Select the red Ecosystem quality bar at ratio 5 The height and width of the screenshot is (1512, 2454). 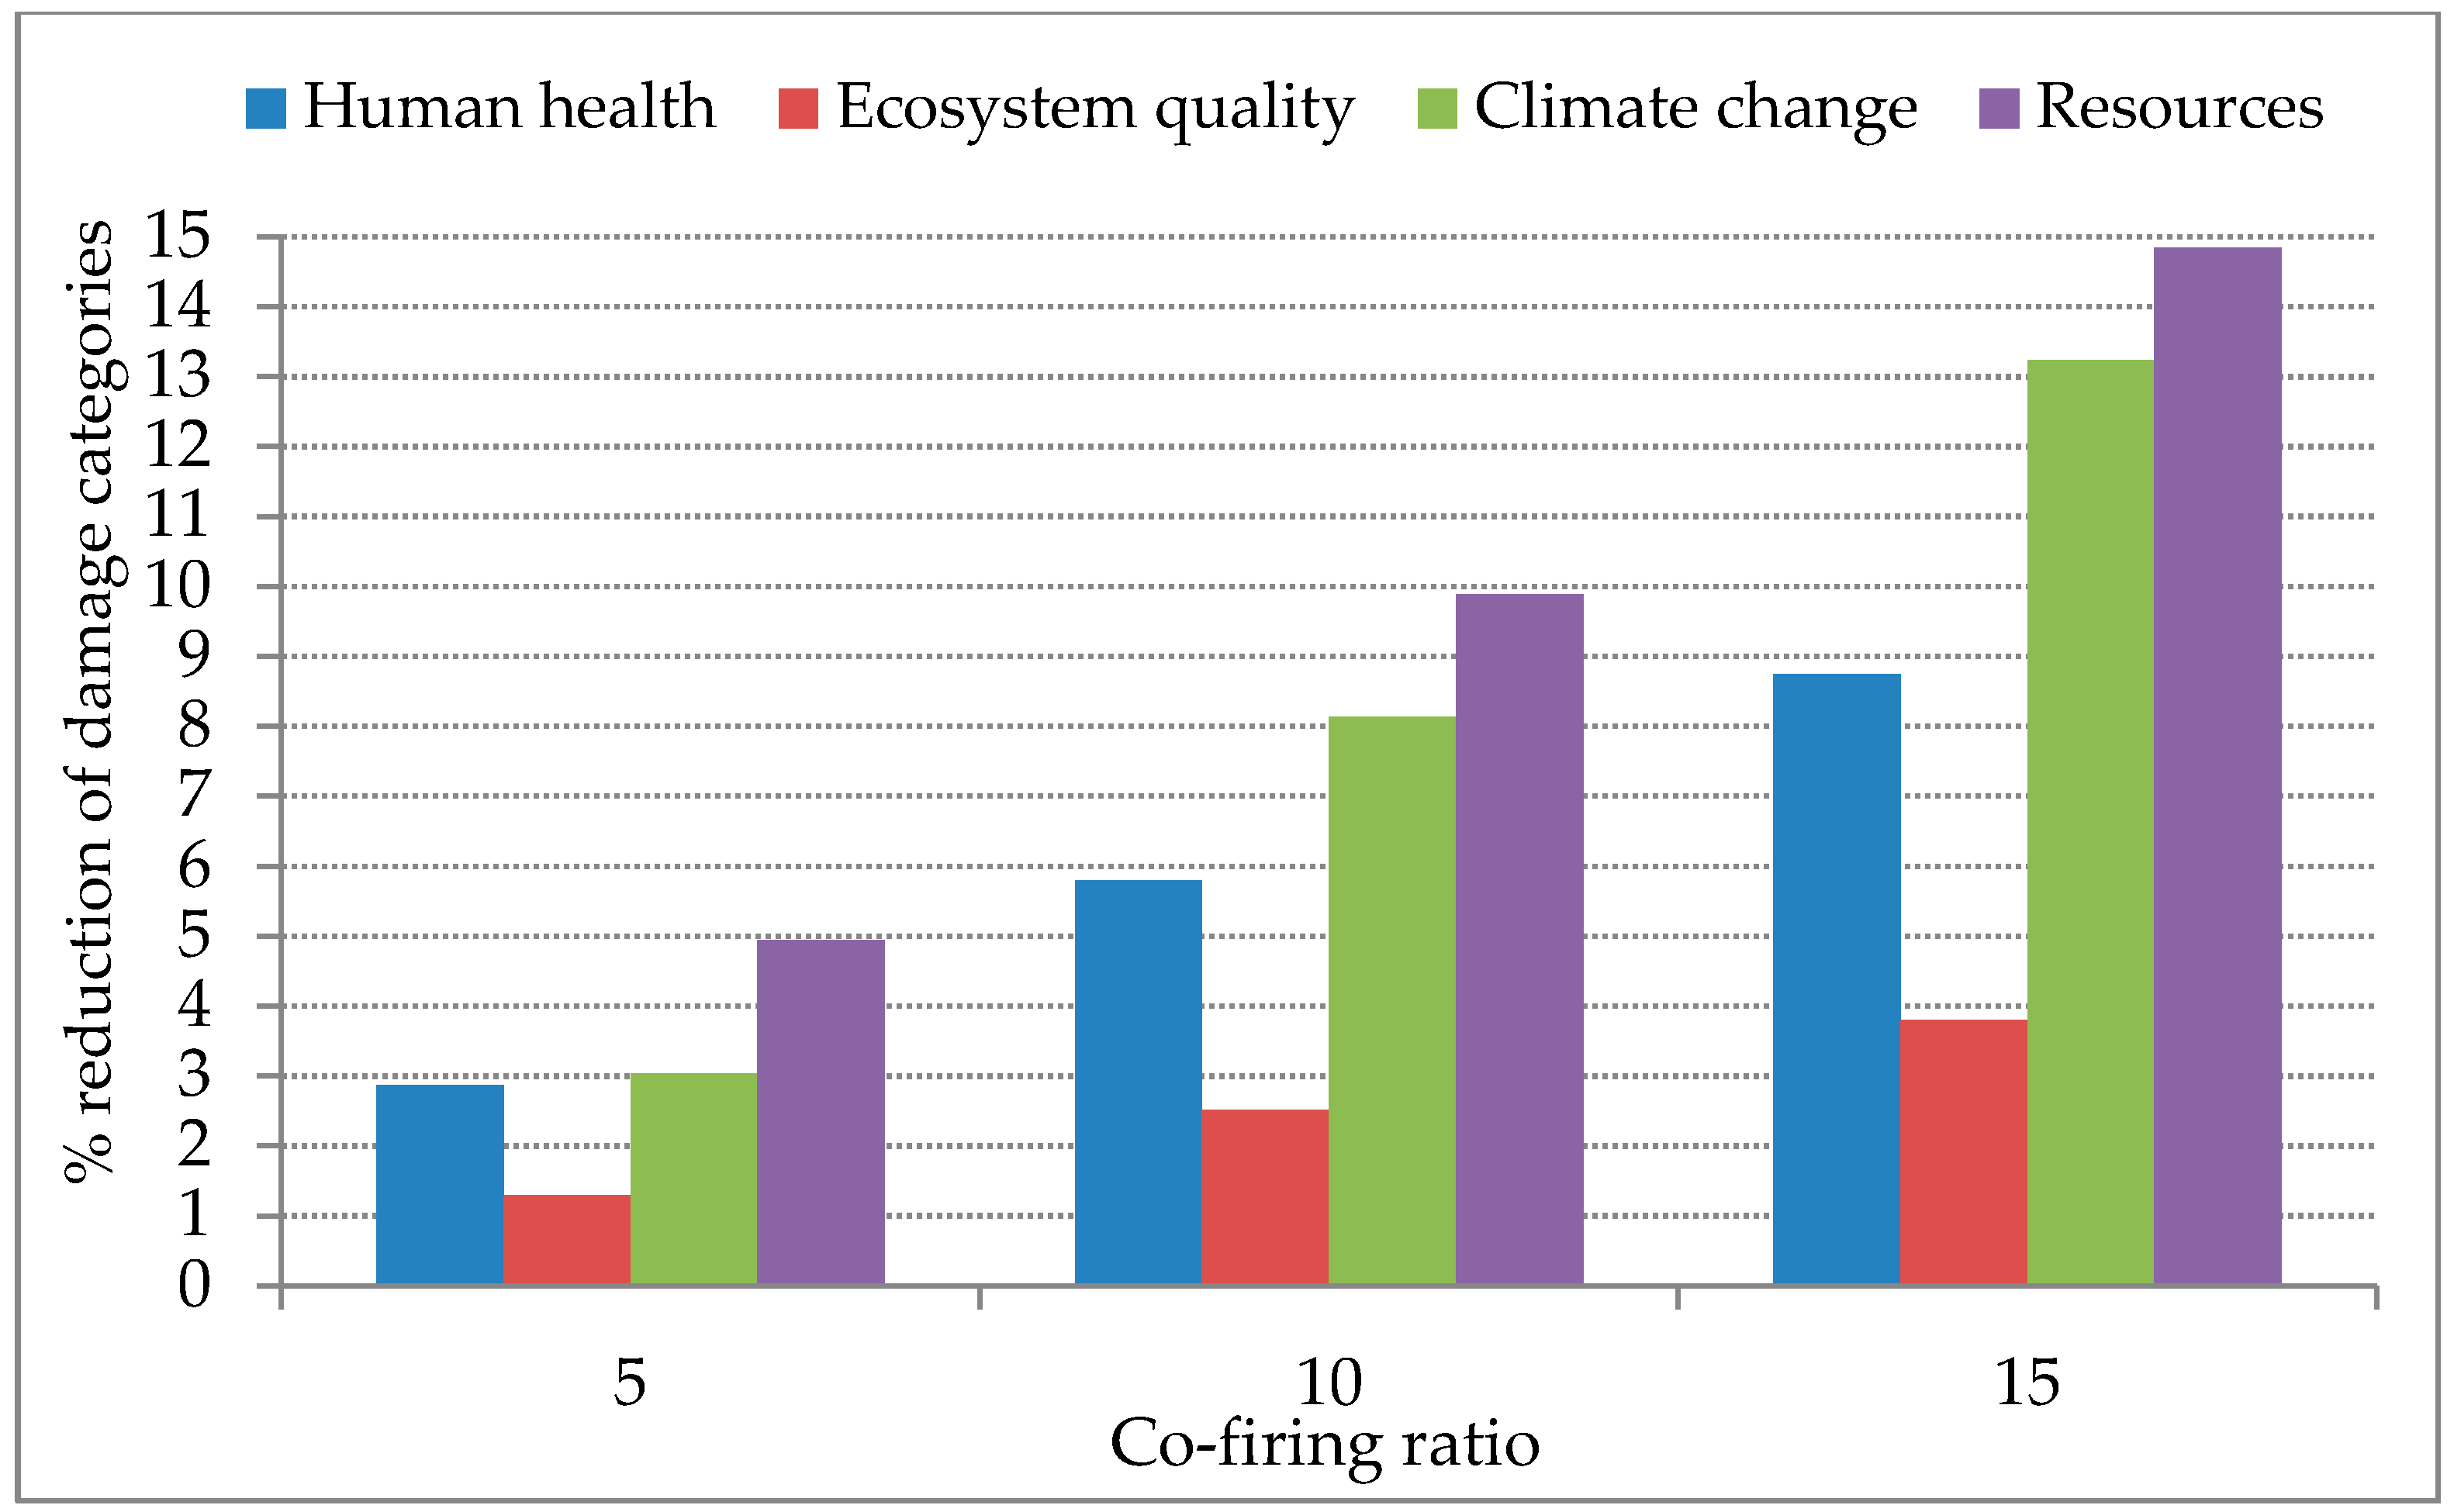tap(567, 1239)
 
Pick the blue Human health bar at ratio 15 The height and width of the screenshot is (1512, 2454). tap(1836, 979)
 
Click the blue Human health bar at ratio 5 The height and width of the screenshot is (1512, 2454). tap(439, 1184)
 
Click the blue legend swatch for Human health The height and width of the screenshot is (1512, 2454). tap(266, 108)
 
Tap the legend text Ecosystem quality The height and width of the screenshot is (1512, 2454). tap(1095, 108)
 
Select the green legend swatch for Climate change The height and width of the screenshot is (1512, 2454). tap(1437, 108)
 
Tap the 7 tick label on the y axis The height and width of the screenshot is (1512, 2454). tap(194, 796)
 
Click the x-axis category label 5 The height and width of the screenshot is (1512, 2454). tap(629, 1384)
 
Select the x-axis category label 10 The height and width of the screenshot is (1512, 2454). tap(1328, 1384)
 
